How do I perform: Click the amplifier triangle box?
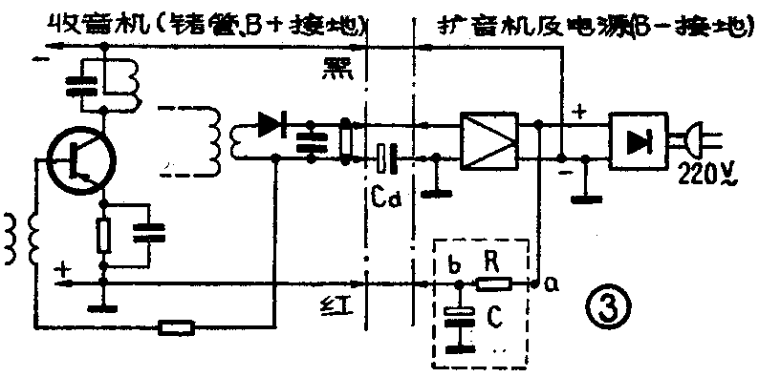(x=488, y=140)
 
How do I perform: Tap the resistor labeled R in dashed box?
(x=495, y=283)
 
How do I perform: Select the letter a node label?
(x=553, y=283)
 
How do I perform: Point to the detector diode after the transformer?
(x=274, y=123)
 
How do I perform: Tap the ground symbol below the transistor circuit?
(x=96, y=307)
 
